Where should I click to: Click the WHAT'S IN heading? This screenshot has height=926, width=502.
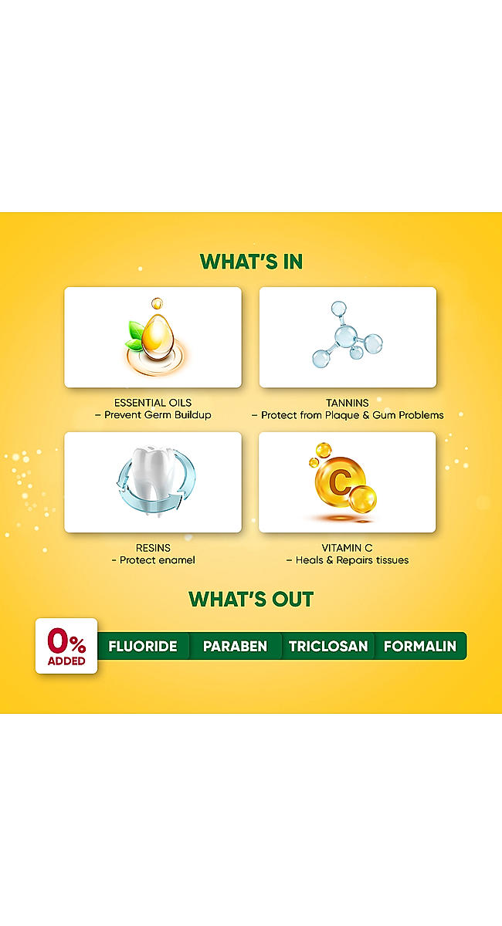[251, 262]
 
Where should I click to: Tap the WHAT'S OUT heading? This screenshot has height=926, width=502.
[251, 599]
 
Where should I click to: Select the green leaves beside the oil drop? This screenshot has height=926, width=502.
[134, 336]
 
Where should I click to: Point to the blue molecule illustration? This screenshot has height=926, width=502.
[348, 334]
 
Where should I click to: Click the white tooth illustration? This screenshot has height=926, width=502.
[154, 480]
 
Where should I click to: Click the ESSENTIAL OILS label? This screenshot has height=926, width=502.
[153, 403]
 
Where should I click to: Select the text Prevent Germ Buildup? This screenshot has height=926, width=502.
[158, 414]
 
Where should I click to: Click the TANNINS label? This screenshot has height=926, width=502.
[348, 403]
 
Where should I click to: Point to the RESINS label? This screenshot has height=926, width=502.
[153, 548]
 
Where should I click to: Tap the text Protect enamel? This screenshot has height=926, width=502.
[158, 560]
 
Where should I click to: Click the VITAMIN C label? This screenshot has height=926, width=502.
[348, 548]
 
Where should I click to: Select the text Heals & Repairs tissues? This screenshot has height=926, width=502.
[352, 560]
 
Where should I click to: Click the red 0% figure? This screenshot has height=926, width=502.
[66, 640]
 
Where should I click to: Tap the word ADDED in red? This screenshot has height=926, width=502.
[66, 661]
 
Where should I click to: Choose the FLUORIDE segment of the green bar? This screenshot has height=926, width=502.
[143, 646]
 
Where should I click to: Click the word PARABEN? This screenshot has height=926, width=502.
[235, 646]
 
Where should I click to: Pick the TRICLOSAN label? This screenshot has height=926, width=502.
[328, 646]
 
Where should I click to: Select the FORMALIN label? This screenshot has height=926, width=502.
[420, 646]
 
